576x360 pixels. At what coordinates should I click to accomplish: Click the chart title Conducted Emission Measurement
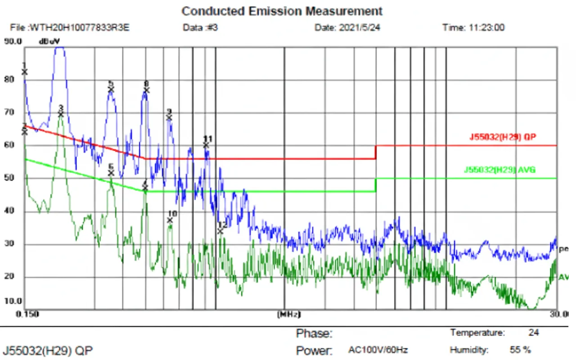tap(282, 11)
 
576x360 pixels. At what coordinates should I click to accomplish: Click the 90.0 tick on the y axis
tap(13, 41)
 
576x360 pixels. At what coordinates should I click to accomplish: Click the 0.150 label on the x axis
tap(27, 314)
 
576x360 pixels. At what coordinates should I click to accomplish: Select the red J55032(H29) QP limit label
tap(503, 137)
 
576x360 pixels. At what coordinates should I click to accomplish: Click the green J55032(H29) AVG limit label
tap(499, 170)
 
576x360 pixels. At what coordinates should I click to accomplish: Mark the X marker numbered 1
tap(25, 72)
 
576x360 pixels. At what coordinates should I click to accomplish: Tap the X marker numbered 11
tap(206, 145)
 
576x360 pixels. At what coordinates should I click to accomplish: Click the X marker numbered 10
tap(170, 220)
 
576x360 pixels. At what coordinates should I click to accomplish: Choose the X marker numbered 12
tap(220, 231)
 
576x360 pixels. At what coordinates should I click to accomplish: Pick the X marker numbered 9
tap(169, 118)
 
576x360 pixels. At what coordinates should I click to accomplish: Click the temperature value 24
tap(534, 333)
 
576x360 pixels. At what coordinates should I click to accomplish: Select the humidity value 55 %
tap(520, 350)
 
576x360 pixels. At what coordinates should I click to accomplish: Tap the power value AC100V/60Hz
tap(378, 350)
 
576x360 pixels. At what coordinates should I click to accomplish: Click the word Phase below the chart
tap(314, 334)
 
